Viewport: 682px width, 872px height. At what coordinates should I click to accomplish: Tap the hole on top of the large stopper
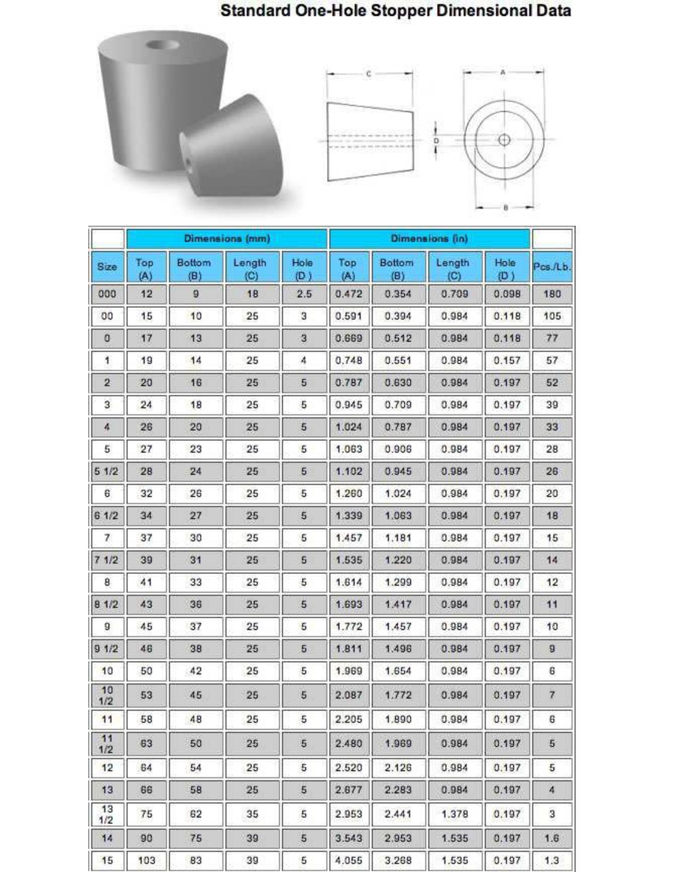162,45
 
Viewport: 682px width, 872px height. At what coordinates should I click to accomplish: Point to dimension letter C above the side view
369,74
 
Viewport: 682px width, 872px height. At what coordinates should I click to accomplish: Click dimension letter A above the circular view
503,72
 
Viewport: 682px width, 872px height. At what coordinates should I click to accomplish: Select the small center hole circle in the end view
504,140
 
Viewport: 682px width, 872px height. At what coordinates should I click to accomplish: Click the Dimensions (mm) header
227,238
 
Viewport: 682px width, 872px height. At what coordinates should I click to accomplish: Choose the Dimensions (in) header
429,238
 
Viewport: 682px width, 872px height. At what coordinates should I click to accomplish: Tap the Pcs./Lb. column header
552,267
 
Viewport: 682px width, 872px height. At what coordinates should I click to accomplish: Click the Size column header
107,267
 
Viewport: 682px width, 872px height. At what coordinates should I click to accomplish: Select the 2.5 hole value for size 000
304,294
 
